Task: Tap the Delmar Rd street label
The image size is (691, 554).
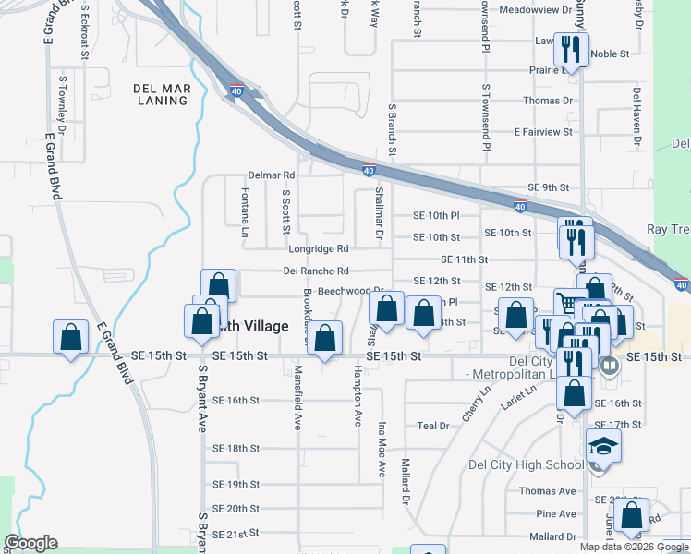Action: pos(271,175)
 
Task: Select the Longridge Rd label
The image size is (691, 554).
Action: pos(318,248)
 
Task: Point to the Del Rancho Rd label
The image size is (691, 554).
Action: pos(316,271)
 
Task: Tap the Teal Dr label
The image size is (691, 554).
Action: pos(432,426)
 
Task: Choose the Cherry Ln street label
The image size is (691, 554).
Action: pos(479,403)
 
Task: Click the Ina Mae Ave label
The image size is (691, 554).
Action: pos(381,450)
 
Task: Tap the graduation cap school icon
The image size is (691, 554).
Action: pos(603,446)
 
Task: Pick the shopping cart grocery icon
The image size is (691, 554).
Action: pos(569,302)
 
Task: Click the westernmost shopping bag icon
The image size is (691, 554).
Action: pos(71,338)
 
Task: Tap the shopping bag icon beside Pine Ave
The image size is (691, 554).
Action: pos(632,516)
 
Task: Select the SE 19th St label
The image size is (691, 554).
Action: pos(236,484)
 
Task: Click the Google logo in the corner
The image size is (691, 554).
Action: pos(30,543)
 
